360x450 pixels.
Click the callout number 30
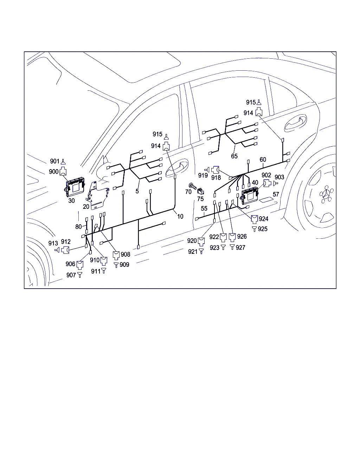pyautogui.click(x=71, y=201)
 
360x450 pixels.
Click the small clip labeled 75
pyautogui.click(x=201, y=192)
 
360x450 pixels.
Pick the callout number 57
pyautogui.click(x=276, y=194)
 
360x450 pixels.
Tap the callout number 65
pyautogui.click(x=234, y=156)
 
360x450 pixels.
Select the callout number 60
pyautogui.click(x=263, y=160)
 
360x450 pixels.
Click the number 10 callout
pyautogui.click(x=180, y=217)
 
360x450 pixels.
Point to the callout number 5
pyautogui.click(x=137, y=191)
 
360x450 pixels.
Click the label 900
pyautogui.click(x=54, y=172)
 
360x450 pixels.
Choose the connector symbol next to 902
pyautogui.click(x=268, y=183)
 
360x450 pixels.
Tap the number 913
pyautogui.click(x=53, y=243)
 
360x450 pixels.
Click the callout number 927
pyautogui.click(x=240, y=247)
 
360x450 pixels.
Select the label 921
pyautogui.click(x=193, y=252)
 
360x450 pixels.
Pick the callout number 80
pyautogui.click(x=78, y=227)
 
